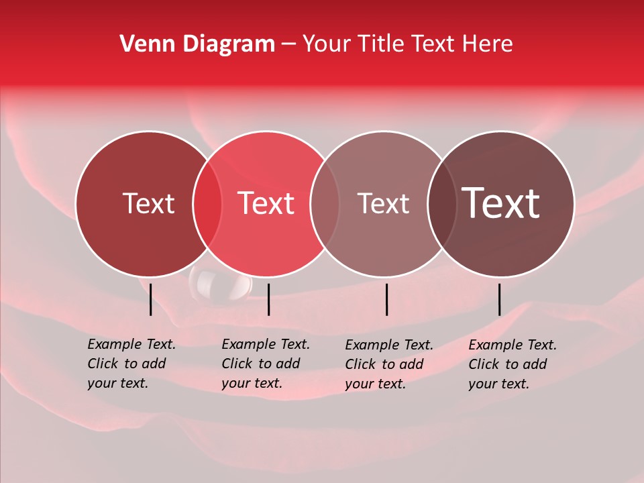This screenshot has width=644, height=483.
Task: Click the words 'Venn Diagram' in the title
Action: pos(197,44)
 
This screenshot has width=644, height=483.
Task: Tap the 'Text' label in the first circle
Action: pos(148,203)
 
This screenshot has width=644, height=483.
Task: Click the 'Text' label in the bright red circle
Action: pos(266,203)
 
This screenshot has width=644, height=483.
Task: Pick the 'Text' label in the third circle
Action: pos(383,203)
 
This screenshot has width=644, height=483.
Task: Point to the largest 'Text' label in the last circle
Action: pos(501,203)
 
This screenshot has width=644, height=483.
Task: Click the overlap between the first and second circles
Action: pos(207,204)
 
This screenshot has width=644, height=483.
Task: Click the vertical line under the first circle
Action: pos(150,299)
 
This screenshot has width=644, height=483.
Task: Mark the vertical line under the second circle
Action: pos(268,299)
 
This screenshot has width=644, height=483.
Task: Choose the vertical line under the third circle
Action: pos(386,299)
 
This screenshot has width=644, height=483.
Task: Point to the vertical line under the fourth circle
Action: pos(499,299)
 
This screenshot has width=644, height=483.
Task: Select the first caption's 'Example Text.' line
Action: pos(131,345)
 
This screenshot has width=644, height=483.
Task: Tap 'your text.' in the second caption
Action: pos(252,384)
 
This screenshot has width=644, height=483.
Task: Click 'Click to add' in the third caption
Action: pos(384,364)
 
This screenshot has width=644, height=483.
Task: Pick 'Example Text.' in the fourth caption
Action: pos(513,345)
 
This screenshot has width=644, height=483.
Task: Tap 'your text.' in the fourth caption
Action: pos(498,384)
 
